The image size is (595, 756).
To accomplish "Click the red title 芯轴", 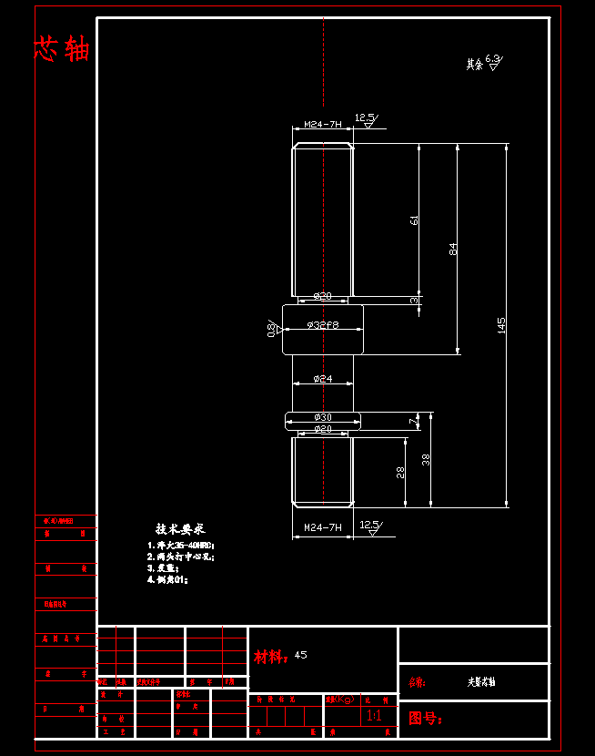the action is point(62,49).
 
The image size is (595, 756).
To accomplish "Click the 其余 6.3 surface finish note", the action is point(483,63).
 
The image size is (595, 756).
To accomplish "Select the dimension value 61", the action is point(415,220).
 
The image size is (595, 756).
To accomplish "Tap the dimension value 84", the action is point(453,248).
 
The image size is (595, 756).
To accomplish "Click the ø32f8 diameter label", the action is point(323,324).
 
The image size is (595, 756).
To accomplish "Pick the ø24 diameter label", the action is point(323,378).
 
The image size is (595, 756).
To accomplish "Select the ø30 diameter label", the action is point(323,416).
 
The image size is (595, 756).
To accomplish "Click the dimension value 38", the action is point(426,459).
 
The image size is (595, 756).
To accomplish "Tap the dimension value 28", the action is point(400,471).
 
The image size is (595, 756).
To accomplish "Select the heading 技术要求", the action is point(180,528).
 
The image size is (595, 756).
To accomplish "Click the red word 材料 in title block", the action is point(270,656).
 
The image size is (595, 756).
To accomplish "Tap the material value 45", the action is point(301,655).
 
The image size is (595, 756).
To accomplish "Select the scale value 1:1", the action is point(374,716).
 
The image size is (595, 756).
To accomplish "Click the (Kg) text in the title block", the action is point(344,700).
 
